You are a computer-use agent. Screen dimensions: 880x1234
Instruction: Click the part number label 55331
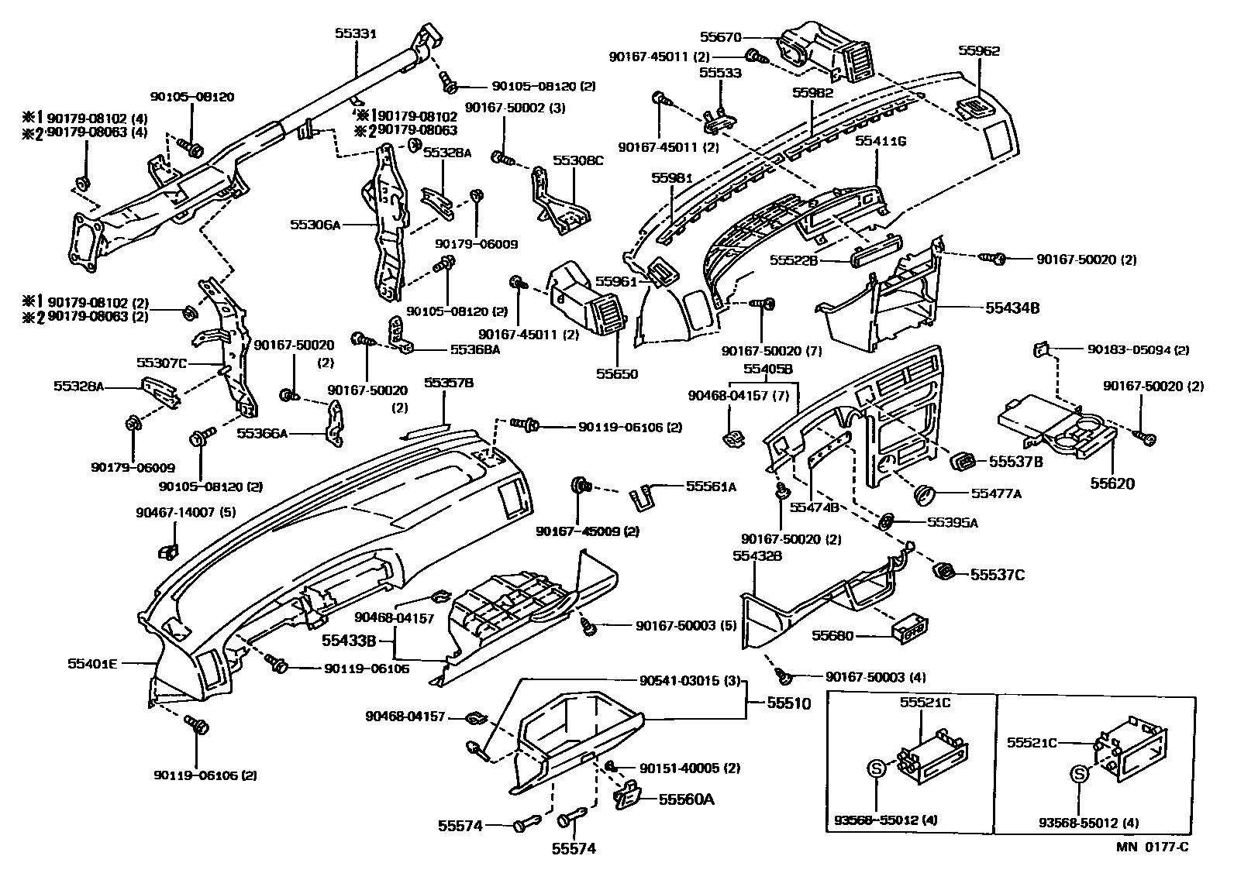[x=355, y=34]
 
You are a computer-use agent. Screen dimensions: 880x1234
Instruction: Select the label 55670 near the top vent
[x=720, y=36]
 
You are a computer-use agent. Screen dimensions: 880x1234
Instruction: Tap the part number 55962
[x=978, y=51]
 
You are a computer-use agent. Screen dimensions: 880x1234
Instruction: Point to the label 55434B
[x=1012, y=308]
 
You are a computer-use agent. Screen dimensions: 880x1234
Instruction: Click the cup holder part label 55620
[x=1112, y=483]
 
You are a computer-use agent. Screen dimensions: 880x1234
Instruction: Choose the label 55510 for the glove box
[x=789, y=703]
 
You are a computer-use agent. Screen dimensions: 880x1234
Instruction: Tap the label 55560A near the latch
[x=686, y=799]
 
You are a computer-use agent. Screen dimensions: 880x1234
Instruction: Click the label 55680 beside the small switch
[x=832, y=636]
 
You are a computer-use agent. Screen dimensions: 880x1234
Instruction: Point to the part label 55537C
[x=998, y=574]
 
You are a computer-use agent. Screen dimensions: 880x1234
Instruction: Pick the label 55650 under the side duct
[x=617, y=374]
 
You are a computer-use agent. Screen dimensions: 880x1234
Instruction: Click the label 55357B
[x=449, y=383]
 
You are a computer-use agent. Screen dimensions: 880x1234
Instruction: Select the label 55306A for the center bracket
[x=315, y=225]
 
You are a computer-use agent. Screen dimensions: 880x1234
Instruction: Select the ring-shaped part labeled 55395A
[x=887, y=521]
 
